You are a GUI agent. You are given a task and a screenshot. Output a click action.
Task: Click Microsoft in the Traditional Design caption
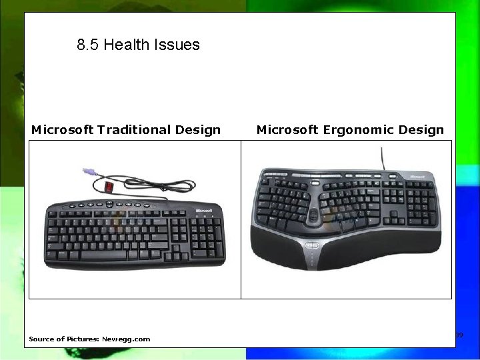(63, 130)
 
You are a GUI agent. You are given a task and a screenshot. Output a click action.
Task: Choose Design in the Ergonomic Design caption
(420, 130)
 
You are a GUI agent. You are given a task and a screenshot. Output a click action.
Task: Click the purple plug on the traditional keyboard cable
(85, 171)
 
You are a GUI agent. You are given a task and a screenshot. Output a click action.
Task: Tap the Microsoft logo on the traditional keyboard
(204, 210)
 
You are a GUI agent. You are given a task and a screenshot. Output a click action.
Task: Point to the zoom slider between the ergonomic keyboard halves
(312, 215)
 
